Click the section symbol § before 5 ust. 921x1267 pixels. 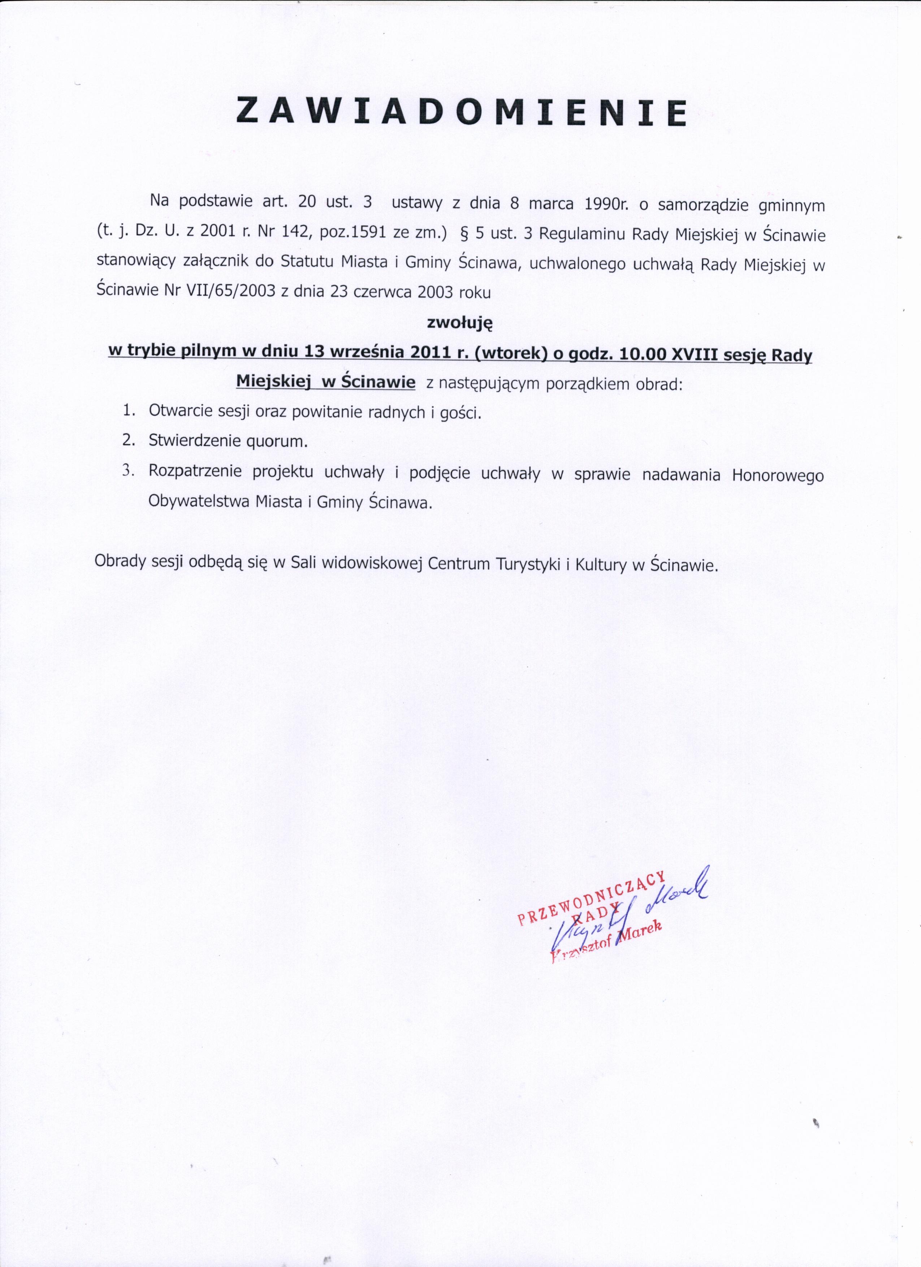click(x=463, y=234)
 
